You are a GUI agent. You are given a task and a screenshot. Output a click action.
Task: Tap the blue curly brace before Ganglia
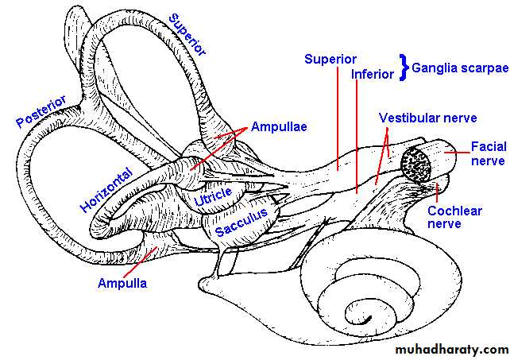pyautogui.click(x=403, y=66)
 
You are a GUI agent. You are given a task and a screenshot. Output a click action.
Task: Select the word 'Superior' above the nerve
pyautogui.click(x=330, y=60)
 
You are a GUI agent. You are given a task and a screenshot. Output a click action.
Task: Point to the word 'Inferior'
pyautogui.click(x=373, y=74)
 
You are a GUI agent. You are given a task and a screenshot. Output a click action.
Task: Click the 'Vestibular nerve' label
pyautogui.click(x=427, y=118)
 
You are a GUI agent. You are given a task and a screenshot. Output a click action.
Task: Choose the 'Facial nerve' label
pyautogui.click(x=487, y=153)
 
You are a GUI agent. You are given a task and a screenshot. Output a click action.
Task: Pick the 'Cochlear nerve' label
pyautogui.click(x=455, y=217)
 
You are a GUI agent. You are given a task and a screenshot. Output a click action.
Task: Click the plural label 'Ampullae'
pyautogui.click(x=279, y=126)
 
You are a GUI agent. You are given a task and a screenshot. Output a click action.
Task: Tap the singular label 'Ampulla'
pyautogui.click(x=122, y=281)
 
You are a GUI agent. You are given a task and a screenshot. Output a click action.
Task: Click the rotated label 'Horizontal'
pyautogui.click(x=105, y=184)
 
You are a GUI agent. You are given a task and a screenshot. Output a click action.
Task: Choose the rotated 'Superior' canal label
pyautogui.click(x=187, y=34)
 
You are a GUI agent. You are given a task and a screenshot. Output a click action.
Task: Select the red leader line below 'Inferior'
pyautogui.click(x=357, y=135)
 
